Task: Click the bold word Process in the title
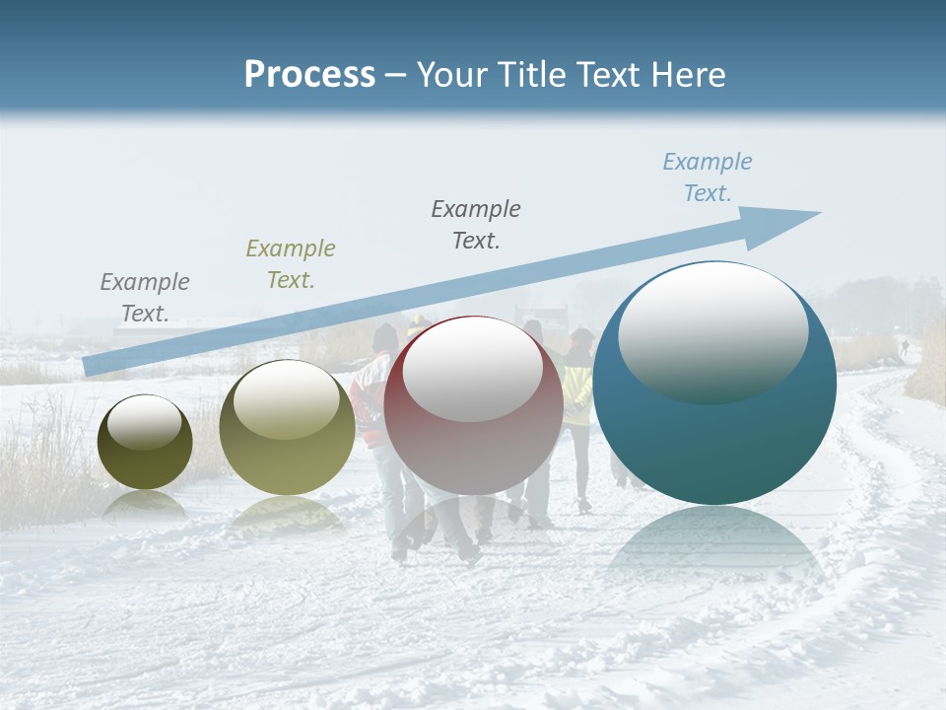pyautogui.click(x=309, y=75)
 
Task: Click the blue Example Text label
pyautogui.click(x=707, y=177)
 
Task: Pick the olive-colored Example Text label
pyautogui.click(x=291, y=264)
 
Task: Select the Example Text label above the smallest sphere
pyautogui.click(x=145, y=298)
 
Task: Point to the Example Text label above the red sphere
pyautogui.click(x=476, y=225)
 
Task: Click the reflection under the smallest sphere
pyautogui.click(x=145, y=505)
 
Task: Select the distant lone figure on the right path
pyautogui.click(x=904, y=347)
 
